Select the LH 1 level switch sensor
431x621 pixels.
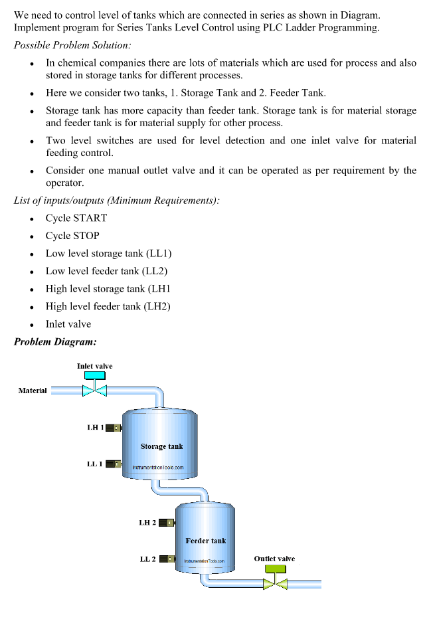point(113,428)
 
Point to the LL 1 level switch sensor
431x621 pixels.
point(113,464)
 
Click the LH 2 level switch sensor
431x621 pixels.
point(165,523)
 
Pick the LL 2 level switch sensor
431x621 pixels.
point(165,559)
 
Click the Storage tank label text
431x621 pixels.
point(161,446)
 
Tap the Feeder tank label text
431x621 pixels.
point(206,541)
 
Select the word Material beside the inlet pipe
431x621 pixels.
point(33,391)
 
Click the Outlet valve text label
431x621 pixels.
point(274,559)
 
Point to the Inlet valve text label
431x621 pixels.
point(95,366)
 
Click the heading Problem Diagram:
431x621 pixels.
point(55,342)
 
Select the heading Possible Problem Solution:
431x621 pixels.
point(72,44)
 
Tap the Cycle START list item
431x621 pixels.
point(76,218)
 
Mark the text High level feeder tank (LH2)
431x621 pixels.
point(108,306)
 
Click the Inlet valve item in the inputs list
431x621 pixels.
point(68,324)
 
